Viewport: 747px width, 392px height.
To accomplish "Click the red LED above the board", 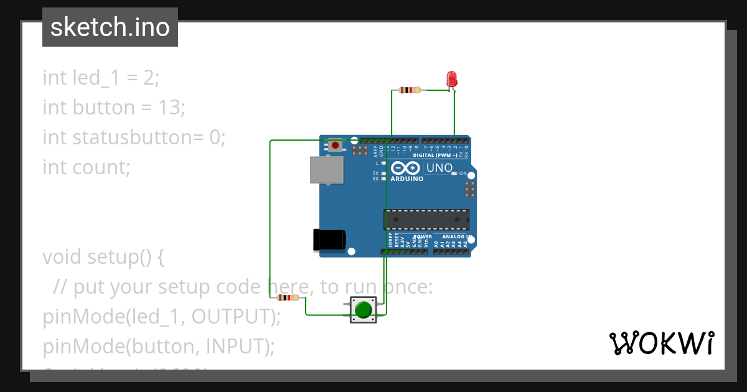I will (452, 79).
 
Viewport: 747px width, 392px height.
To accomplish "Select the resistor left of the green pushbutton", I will (288, 298).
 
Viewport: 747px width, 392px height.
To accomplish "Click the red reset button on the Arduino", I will (336, 146).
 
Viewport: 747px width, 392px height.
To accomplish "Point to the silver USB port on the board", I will (327, 170).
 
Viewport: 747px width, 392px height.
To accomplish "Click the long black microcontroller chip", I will (426, 220).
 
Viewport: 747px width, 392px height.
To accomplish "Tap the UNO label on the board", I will (439, 168).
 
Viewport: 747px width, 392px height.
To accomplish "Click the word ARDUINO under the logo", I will (407, 179).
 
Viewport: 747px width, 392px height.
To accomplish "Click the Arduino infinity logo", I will (406, 168).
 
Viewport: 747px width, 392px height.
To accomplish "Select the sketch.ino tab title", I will (110, 27).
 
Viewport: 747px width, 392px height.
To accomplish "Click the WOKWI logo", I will (661, 343).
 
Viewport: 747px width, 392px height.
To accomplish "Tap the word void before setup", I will (62, 257).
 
